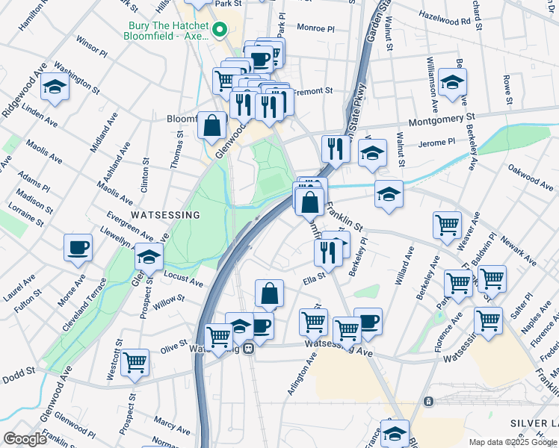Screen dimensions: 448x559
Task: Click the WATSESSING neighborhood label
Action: (x=165, y=215)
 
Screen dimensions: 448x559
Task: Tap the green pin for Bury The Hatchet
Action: (x=219, y=31)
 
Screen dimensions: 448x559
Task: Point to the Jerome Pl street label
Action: (x=437, y=142)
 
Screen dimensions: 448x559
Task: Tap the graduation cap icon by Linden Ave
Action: (x=55, y=88)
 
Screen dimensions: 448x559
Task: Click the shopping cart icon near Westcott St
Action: (x=135, y=362)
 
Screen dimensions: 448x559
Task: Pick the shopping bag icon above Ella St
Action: (x=269, y=293)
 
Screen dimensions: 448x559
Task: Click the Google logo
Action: (x=25, y=439)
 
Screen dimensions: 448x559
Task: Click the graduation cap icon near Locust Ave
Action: (x=149, y=257)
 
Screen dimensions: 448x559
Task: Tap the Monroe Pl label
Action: (x=315, y=28)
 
